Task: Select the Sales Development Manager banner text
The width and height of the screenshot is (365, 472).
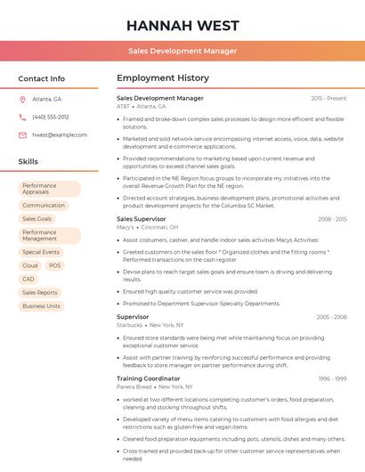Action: pyautogui.click(x=182, y=51)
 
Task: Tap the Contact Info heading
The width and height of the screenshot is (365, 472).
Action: pyautogui.click(x=41, y=78)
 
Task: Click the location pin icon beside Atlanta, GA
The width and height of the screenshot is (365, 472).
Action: pyautogui.click(x=22, y=99)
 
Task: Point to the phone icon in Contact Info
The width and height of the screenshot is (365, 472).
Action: pyautogui.click(x=22, y=117)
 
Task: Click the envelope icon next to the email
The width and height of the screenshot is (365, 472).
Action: pyautogui.click(x=22, y=134)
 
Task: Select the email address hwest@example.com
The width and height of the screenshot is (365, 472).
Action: pyautogui.click(x=60, y=134)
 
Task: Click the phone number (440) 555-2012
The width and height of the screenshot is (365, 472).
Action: pyautogui.click(x=50, y=117)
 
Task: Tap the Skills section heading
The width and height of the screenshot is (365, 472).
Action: pyautogui.click(x=28, y=162)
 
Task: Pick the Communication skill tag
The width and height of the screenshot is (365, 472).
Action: pyautogui.click(x=44, y=205)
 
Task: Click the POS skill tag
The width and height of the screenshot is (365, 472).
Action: pyautogui.click(x=55, y=265)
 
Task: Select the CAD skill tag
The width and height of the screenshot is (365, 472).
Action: pyautogui.click(x=28, y=279)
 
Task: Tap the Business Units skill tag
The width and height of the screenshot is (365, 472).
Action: pyautogui.click(x=41, y=305)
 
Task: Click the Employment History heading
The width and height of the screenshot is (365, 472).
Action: pyautogui.click(x=163, y=78)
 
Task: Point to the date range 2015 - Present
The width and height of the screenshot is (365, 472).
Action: pyautogui.click(x=328, y=98)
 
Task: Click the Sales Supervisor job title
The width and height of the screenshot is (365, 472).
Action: pyautogui.click(x=142, y=218)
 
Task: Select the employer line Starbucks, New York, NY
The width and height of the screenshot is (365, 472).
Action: pyautogui.click(x=150, y=325)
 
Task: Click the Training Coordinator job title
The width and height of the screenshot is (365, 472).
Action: pyautogui.click(x=148, y=378)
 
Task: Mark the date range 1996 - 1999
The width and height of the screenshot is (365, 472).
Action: pyautogui.click(x=332, y=378)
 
